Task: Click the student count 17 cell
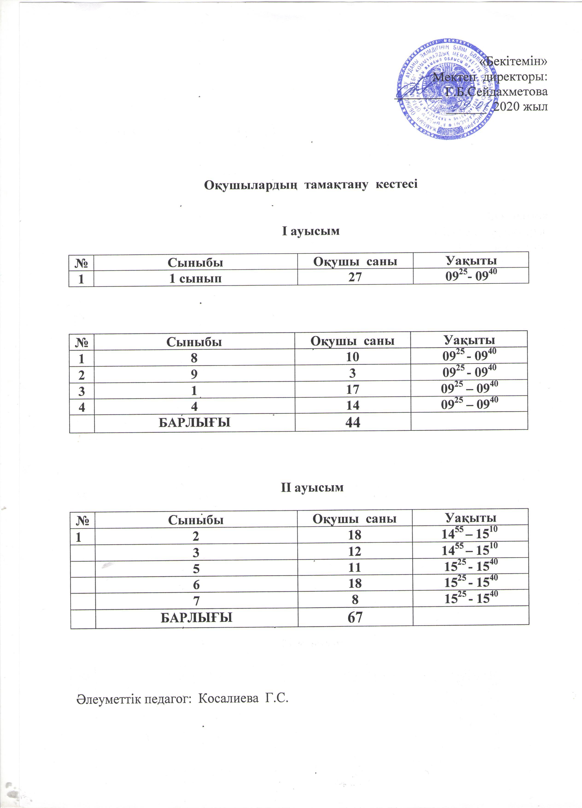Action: [x=353, y=389]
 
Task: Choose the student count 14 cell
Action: [x=353, y=405]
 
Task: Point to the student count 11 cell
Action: [x=355, y=567]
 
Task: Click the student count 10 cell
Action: [x=353, y=357]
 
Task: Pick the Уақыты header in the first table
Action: [x=471, y=260]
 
